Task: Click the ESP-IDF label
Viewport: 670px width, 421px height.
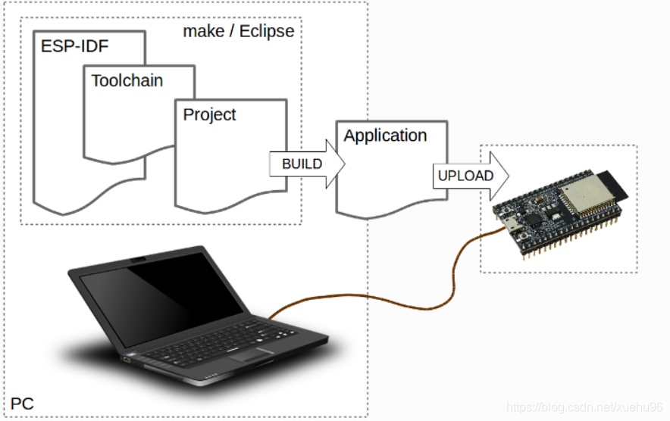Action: [75, 46]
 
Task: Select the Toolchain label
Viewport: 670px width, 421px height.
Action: [127, 80]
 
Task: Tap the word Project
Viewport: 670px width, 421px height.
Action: [209, 114]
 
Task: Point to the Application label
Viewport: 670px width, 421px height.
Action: [385, 136]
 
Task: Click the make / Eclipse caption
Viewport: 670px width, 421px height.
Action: [238, 32]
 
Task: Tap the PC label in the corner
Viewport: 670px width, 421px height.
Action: [22, 404]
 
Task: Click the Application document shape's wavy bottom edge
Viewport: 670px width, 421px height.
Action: [391, 209]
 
